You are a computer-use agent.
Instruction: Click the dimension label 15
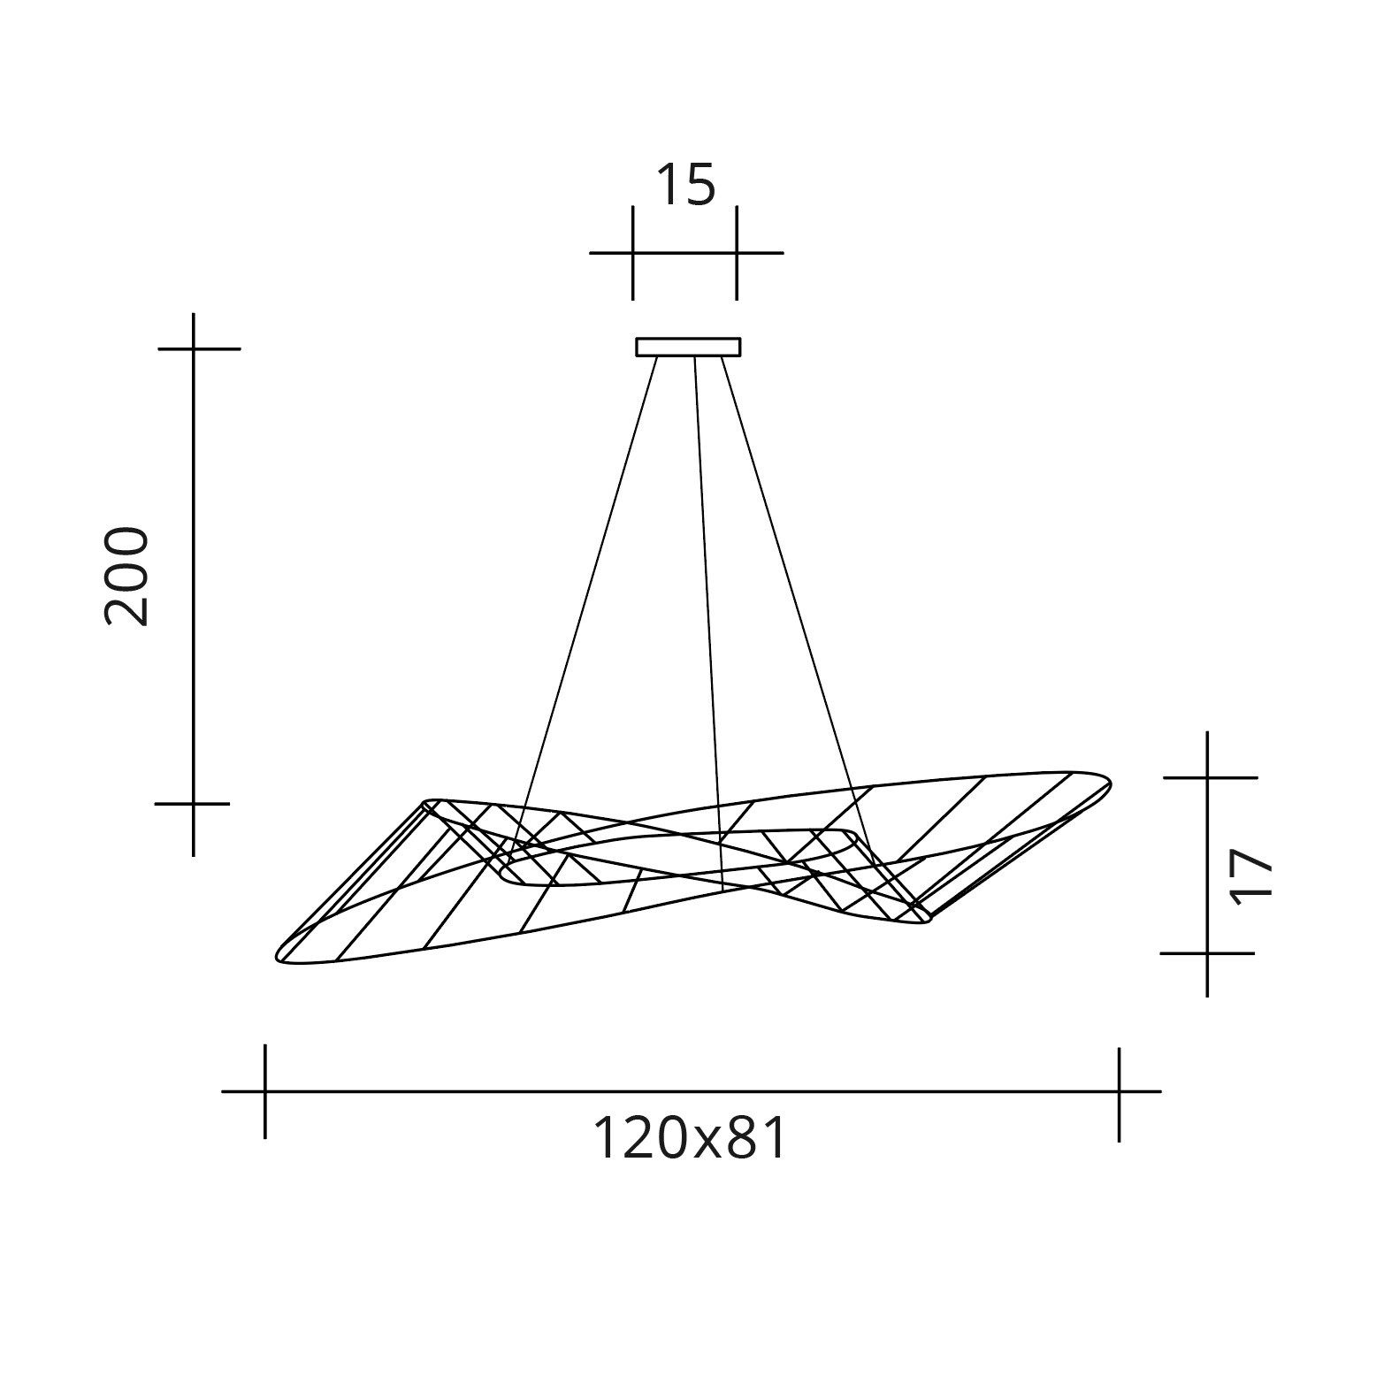[x=685, y=186]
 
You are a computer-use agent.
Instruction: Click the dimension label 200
[x=126, y=577]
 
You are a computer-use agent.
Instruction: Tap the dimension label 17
[x=1250, y=875]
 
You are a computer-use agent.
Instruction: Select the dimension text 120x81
[x=689, y=1138]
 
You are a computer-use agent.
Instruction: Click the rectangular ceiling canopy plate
[x=688, y=347]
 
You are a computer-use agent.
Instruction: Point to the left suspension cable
[x=588, y=575]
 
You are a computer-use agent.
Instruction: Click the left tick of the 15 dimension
[x=633, y=253]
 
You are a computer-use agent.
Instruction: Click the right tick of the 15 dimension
[x=737, y=253]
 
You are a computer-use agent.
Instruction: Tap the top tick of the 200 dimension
[x=194, y=349]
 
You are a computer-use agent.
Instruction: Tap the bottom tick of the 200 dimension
[x=194, y=804]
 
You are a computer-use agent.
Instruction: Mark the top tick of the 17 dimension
[x=1208, y=777]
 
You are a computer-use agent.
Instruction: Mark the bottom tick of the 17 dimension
[x=1208, y=953]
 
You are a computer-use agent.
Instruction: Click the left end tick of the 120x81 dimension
[x=264, y=1091]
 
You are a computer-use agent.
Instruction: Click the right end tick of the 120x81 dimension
[x=1119, y=1091]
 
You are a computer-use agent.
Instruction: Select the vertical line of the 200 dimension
[x=194, y=575]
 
